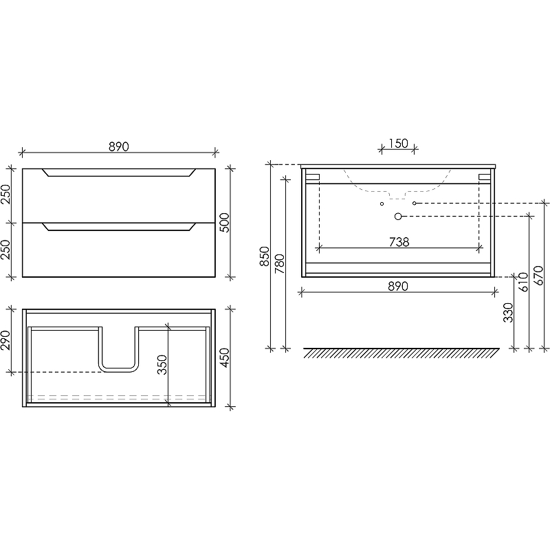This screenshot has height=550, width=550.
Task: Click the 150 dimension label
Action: tap(398, 143)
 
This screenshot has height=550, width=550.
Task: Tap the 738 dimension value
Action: tap(399, 242)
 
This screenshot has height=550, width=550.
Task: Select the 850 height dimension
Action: tap(265, 256)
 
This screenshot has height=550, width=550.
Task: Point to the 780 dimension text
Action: tap(280, 264)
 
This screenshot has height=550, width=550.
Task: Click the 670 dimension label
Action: tap(538, 276)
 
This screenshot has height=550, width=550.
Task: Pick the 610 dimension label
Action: tap(523, 282)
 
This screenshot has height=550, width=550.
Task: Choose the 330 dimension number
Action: tap(508, 313)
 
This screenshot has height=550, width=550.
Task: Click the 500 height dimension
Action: tap(224, 222)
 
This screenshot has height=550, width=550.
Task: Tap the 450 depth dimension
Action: tap(224, 357)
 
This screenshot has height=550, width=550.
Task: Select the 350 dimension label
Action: tap(162, 365)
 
